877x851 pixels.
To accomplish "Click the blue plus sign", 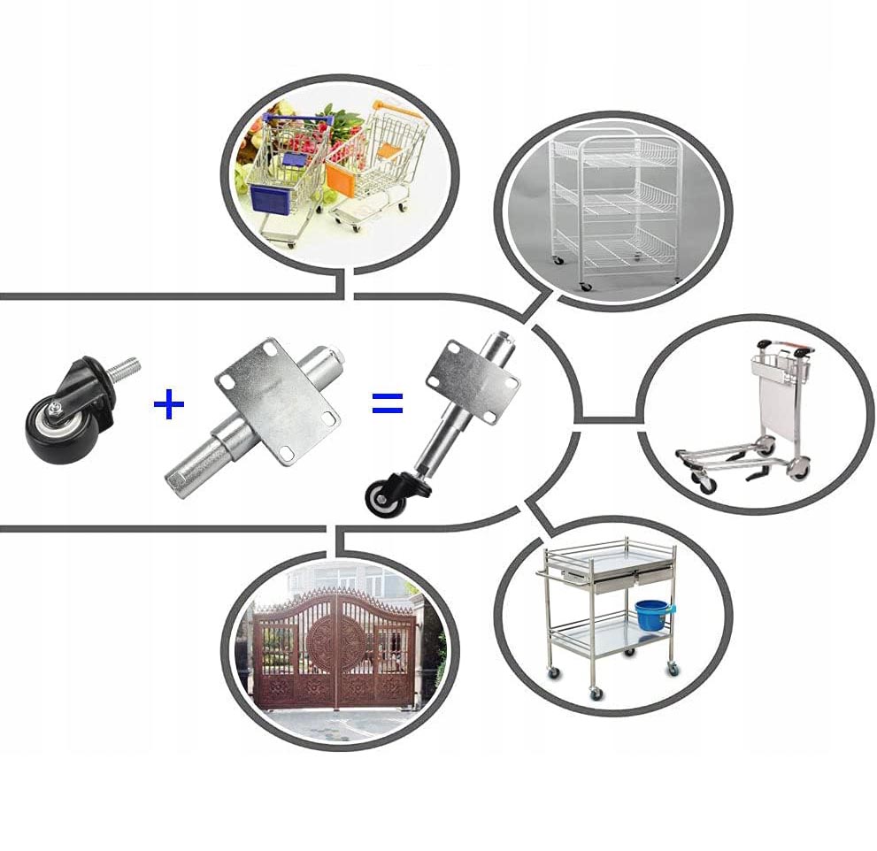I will click(x=169, y=405).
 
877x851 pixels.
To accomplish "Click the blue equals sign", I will click(x=387, y=405).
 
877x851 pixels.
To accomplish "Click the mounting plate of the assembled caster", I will click(x=472, y=376).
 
